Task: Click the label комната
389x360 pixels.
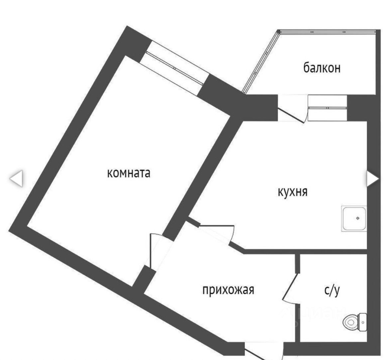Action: coord(128,173)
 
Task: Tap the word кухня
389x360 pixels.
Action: coord(293,192)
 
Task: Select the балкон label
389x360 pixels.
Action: coord(322,68)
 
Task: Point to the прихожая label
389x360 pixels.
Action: coord(228,289)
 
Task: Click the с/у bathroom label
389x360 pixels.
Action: coord(332,290)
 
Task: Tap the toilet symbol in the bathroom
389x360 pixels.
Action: coord(351,322)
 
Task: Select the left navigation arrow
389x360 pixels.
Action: coord(16,179)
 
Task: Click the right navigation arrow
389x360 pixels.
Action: coord(372,179)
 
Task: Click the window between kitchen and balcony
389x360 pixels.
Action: coord(327,107)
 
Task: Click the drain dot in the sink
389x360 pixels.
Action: coord(357,218)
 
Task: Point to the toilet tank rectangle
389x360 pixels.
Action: coord(363,322)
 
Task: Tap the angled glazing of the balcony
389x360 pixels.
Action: coord(260,62)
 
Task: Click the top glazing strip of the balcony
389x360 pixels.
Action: coord(327,32)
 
